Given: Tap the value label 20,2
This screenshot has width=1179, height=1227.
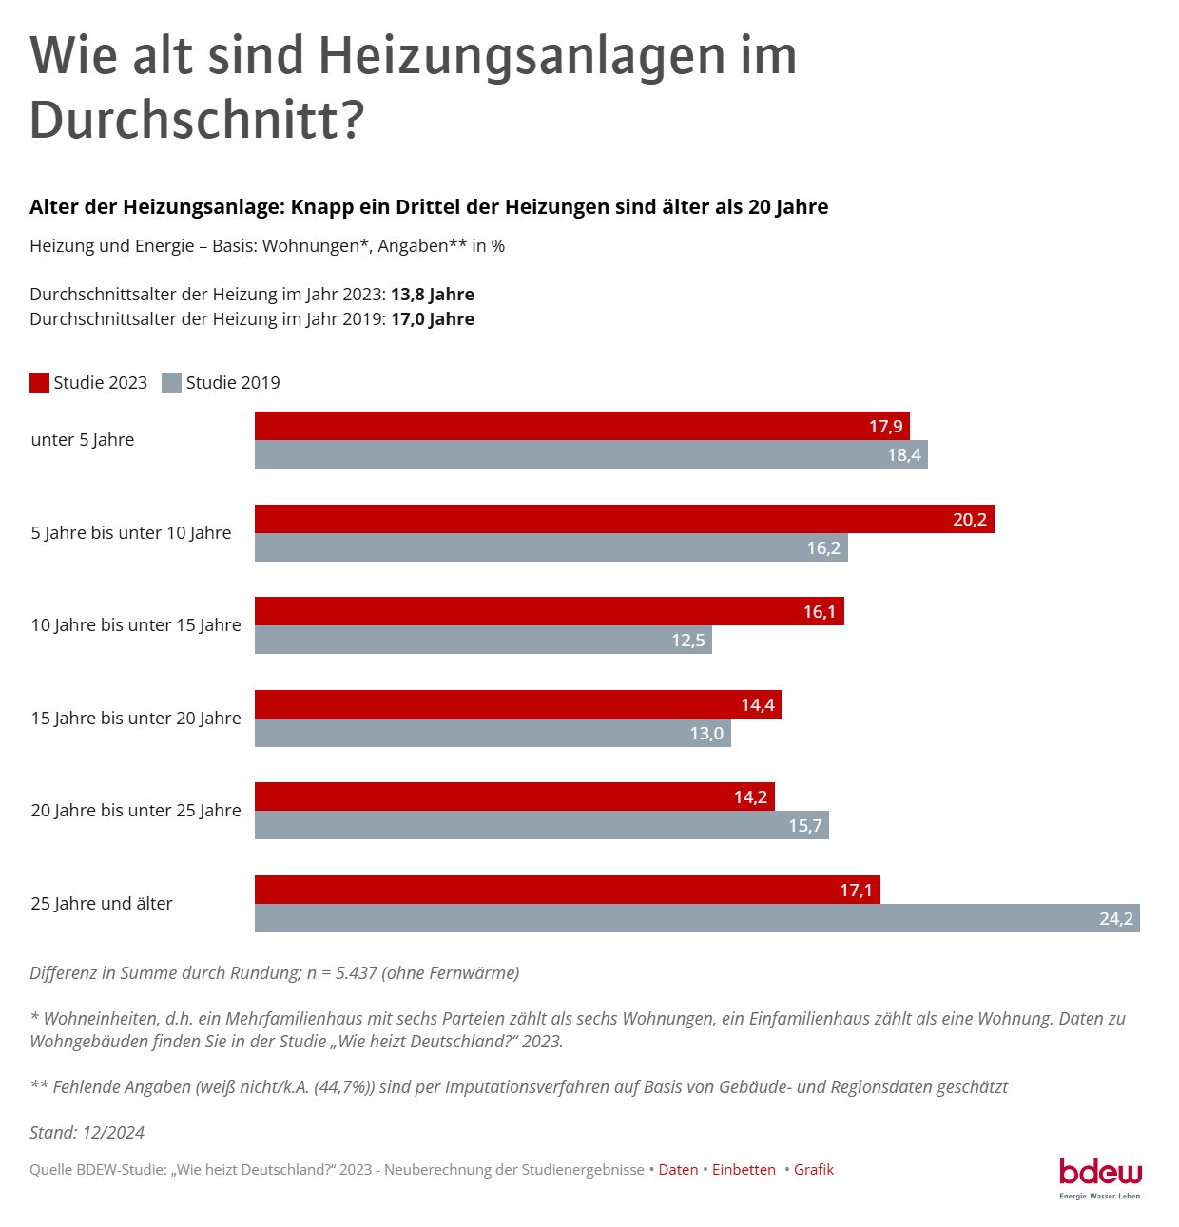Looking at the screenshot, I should pos(969,520).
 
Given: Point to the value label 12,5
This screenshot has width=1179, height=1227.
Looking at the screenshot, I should pos(687,641).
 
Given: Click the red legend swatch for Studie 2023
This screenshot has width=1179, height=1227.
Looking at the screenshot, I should pos(39,383).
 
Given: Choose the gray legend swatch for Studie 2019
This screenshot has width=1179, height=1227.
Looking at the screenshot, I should pos(171,383).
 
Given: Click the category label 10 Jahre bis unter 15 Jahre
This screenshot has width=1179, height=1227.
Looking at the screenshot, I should pos(136,625).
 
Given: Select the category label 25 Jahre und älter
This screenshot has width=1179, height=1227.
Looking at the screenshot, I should pos(102,904).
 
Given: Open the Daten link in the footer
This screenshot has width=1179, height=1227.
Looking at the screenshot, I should pos(678,1170).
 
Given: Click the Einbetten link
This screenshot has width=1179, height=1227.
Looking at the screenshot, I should pos(744,1170).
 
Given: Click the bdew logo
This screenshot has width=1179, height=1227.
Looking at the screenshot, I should pos(1100,1177).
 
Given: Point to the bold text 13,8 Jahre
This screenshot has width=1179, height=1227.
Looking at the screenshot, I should pos(432,295).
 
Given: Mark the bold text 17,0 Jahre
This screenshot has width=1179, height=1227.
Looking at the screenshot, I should pos(432,319).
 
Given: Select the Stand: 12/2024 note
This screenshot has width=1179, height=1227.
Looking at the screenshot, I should pos(87,1133).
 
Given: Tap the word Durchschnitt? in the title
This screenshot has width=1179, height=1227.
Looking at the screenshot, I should pos(197,121).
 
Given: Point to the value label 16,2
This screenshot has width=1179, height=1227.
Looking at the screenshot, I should pos(822,548).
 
